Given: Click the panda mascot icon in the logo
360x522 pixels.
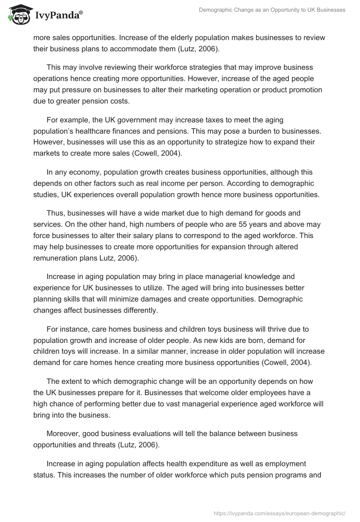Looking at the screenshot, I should (x=18, y=15).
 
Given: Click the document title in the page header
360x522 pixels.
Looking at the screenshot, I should (x=272, y=10).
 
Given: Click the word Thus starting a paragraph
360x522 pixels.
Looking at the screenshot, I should (x=54, y=213).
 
